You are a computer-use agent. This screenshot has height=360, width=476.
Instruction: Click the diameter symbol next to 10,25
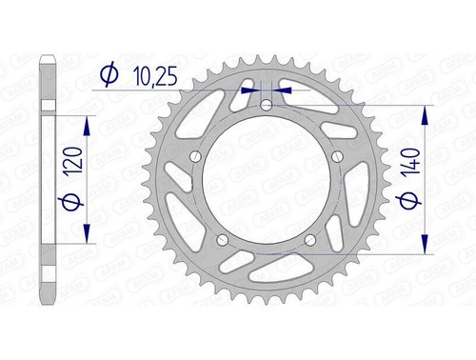[108, 72]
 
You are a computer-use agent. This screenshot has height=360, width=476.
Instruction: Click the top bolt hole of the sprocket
[268, 105]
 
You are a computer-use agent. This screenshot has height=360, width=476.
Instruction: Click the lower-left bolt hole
[223, 241]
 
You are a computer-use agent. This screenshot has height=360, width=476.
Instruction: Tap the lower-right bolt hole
[312, 241]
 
